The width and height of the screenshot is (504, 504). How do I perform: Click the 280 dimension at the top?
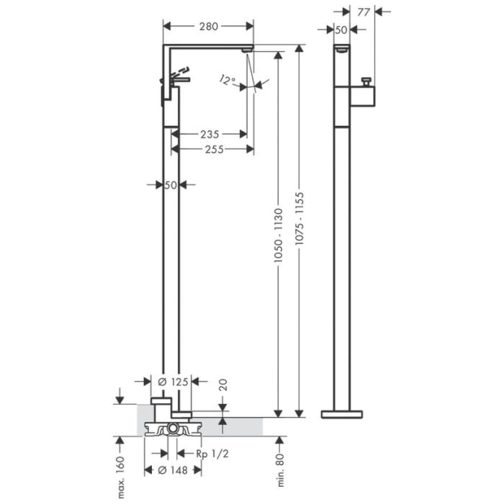pos(209,27)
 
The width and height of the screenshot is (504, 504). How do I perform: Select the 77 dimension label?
pos(363,12)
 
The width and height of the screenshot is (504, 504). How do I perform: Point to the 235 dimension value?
pos(210,134)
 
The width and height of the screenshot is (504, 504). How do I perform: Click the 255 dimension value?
pos(213,149)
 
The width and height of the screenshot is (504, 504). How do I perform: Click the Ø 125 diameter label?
pos(172,382)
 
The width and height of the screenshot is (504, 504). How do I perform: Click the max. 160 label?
pos(120,477)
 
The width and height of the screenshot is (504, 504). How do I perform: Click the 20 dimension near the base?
pos(222,384)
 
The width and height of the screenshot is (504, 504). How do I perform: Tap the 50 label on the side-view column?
pos(171,185)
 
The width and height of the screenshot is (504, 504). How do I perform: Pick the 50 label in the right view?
pos(341,30)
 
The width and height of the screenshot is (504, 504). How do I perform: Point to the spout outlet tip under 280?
pos(248,49)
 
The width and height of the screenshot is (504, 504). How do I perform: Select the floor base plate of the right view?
pos(342,414)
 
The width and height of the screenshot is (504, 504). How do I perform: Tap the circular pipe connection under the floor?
pos(173,430)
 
